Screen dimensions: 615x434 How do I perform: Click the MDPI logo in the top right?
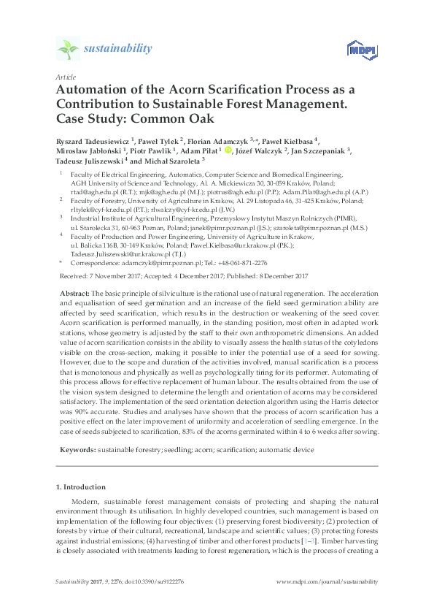click(362, 50)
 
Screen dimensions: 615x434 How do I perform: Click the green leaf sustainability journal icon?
click(67, 49)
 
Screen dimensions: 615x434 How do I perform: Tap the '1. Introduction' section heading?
click(81, 486)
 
